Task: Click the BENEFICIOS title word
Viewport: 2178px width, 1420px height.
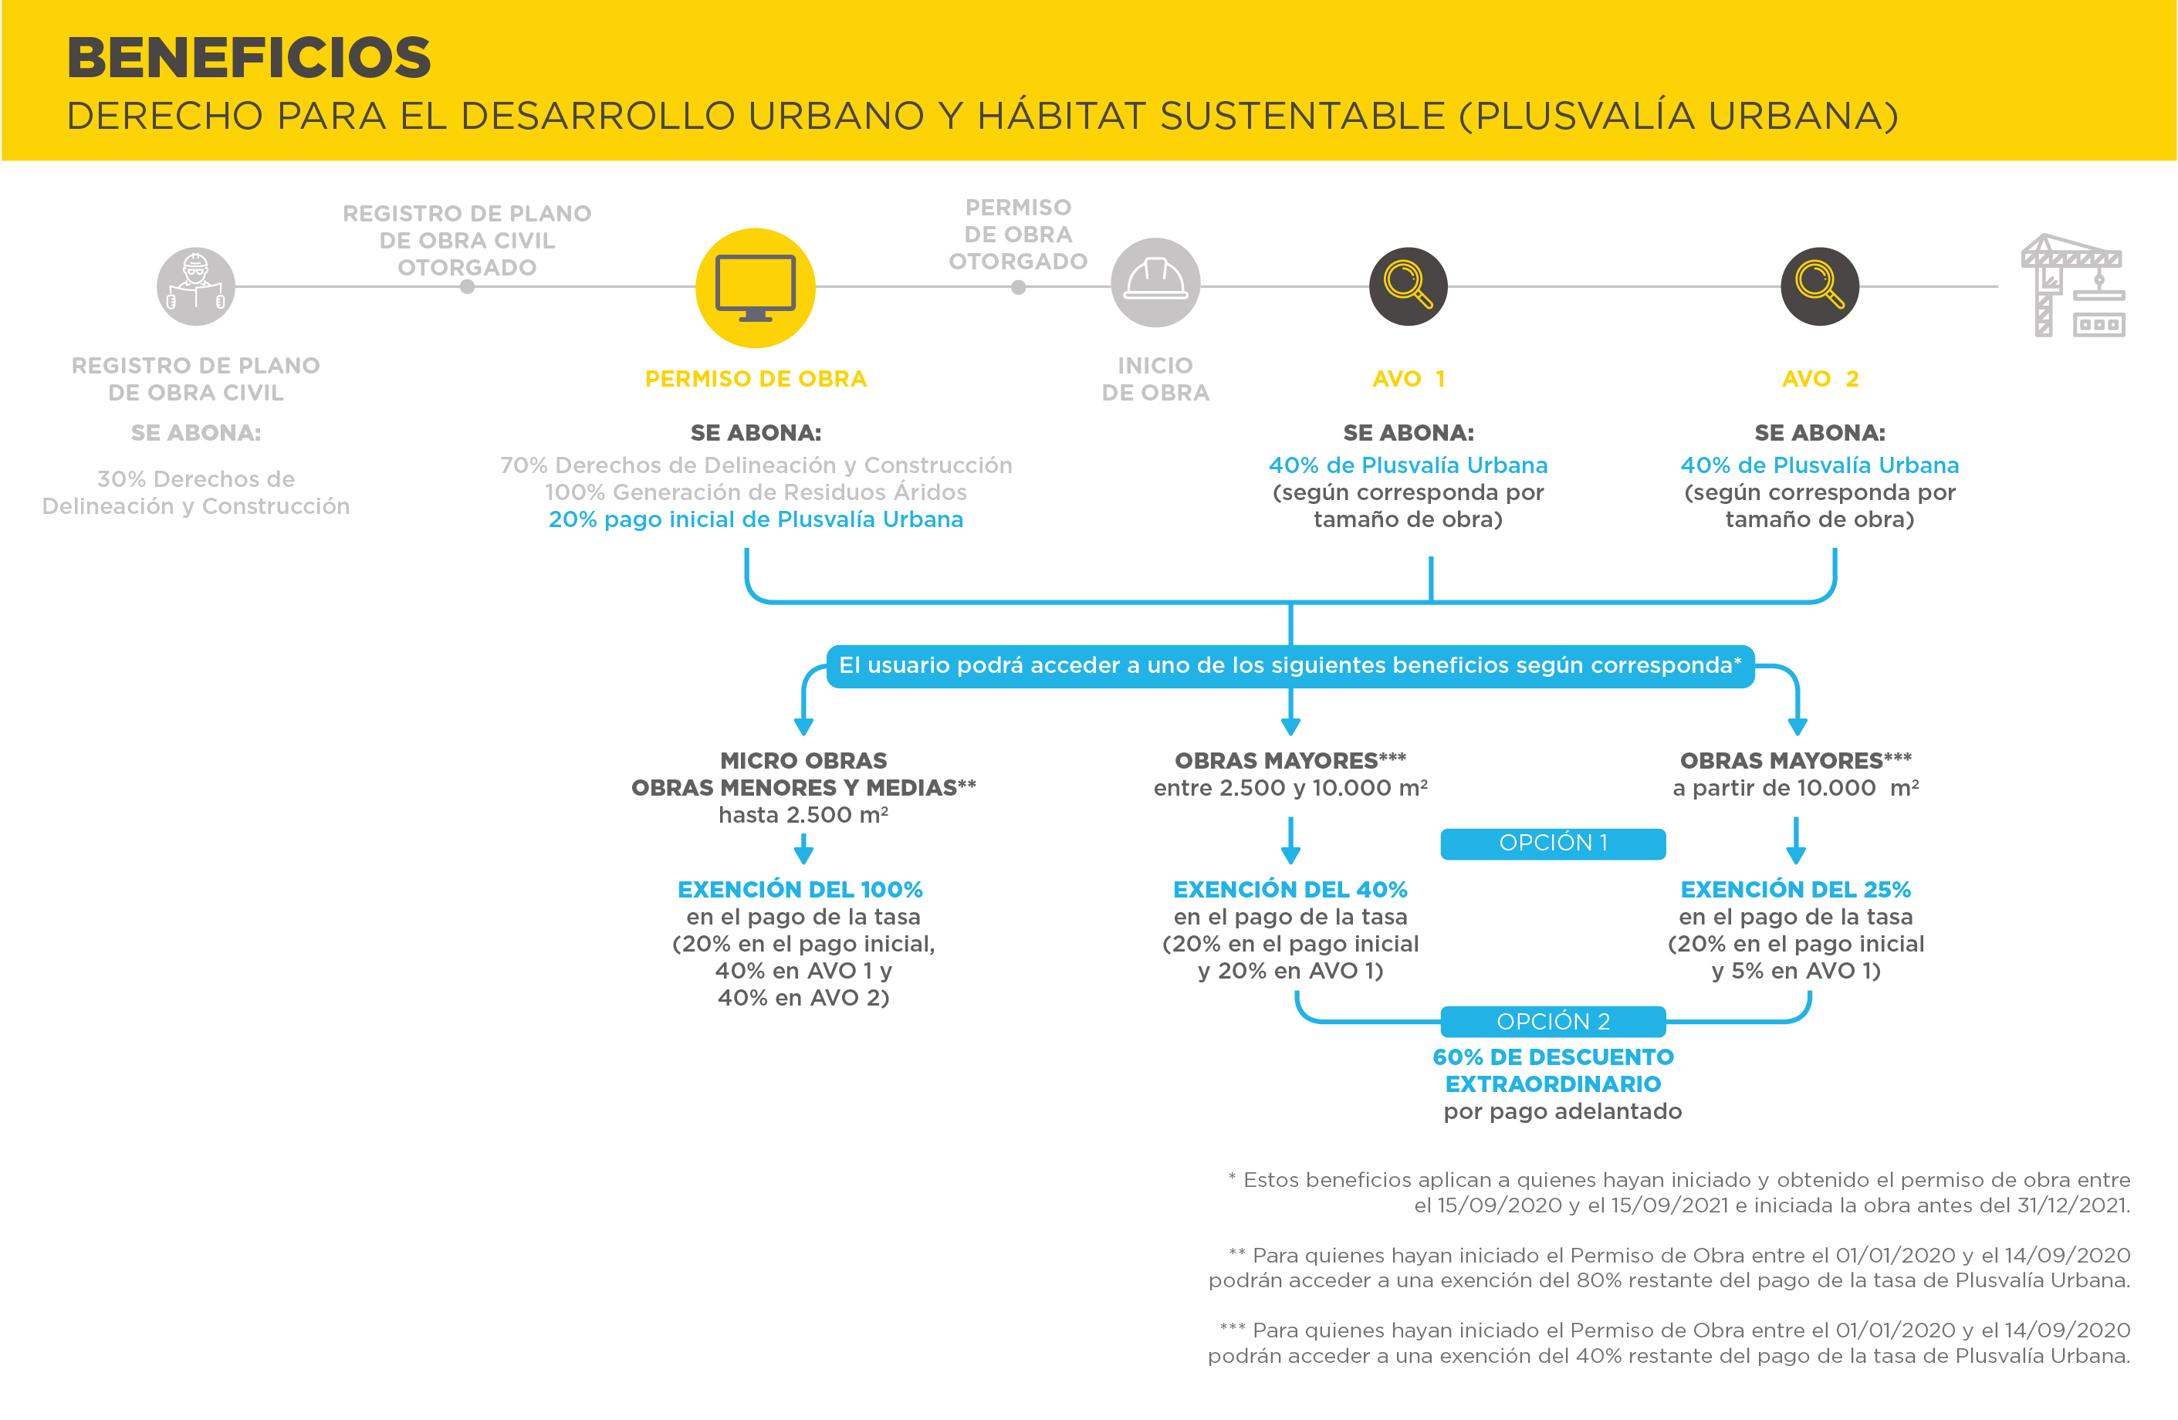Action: point(249,58)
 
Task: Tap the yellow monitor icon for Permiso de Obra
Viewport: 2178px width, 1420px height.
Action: point(755,287)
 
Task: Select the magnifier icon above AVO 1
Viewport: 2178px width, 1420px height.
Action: point(1408,286)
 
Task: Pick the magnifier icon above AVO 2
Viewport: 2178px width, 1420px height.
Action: point(1819,286)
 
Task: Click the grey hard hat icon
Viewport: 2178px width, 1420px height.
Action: point(1155,282)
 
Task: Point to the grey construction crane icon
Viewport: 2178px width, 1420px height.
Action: point(2073,286)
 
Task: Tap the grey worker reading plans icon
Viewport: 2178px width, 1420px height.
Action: point(196,286)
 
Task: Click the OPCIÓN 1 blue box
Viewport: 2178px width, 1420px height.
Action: point(1553,844)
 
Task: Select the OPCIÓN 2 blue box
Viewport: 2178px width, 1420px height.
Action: point(1553,1021)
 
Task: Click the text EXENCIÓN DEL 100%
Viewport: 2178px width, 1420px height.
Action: point(800,889)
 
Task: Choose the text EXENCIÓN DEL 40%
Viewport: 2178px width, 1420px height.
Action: point(1290,889)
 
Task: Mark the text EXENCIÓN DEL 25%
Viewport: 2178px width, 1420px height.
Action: point(1795,889)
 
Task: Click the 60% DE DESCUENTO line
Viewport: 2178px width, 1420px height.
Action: point(1553,1057)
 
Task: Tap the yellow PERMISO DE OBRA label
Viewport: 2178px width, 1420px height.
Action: point(756,379)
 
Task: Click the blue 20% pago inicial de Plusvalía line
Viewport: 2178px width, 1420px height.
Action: point(756,519)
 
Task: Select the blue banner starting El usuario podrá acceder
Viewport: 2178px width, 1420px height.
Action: point(1290,666)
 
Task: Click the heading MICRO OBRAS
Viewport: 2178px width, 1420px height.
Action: point(803,760)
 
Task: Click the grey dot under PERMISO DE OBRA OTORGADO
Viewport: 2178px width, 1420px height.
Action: point(1019,287)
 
